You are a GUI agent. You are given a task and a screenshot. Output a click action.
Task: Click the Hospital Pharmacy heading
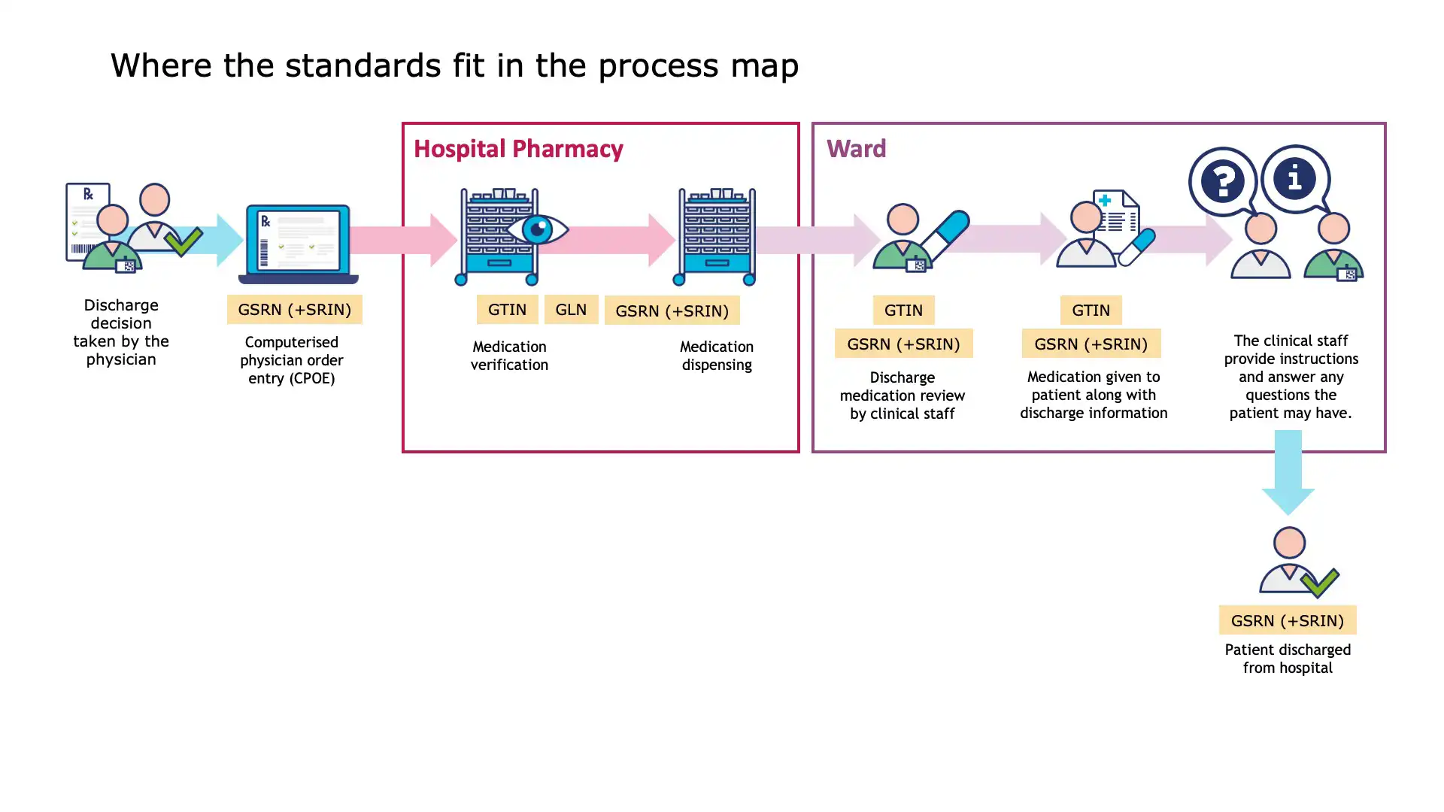pos(518,149)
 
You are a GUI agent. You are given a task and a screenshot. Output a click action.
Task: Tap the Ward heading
pos(856,148)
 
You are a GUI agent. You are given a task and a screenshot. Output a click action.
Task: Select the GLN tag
pos(571,309)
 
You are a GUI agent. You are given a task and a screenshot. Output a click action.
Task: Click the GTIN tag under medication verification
pos(507,309)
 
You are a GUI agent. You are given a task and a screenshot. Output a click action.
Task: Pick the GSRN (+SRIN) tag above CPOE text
pos(294,309)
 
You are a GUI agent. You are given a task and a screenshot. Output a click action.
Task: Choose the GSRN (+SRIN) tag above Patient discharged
pos(1287,620)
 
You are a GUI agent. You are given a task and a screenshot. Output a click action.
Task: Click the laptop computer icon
pos(299,244)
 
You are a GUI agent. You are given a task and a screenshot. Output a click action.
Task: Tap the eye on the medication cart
pos(537,229)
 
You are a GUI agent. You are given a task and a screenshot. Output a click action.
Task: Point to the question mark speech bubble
pos(1223,181)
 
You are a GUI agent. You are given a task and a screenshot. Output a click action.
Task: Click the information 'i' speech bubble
pos(1295,179)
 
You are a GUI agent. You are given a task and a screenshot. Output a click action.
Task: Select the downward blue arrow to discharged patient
pos(1288,472)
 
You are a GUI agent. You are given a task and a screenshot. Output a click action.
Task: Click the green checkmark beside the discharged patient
pos(1320,581)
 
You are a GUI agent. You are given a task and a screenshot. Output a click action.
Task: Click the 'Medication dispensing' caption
pos(716,356)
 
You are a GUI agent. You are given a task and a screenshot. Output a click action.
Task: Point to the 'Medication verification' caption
pos(509,356)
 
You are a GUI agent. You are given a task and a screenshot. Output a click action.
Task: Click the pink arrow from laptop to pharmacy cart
pos(404,240)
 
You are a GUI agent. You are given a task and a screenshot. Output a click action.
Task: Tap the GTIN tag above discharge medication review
pos(903,310)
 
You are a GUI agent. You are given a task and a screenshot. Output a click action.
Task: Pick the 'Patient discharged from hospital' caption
pos(1288,659)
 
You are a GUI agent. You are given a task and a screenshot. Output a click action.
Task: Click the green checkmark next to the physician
pos(184,242)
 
